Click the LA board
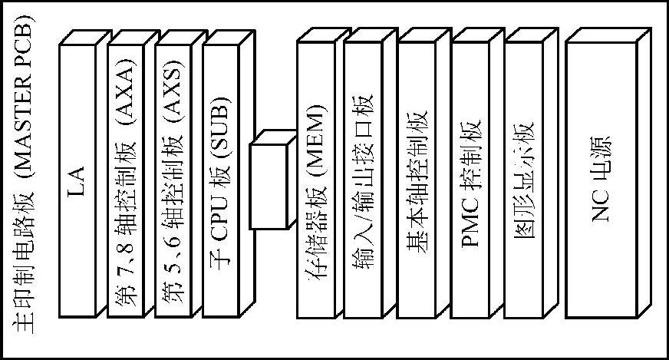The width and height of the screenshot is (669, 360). (77, 180)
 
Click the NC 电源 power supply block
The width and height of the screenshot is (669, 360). (601, 180)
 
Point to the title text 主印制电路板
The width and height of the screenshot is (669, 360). (22, 265)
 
